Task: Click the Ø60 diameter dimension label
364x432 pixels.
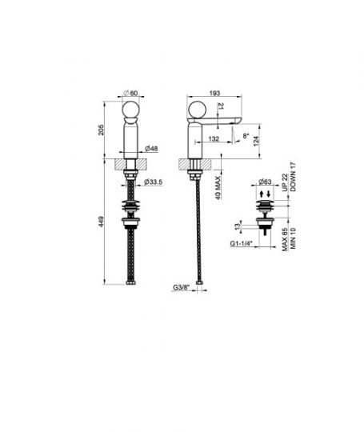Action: click(x=130, y=93)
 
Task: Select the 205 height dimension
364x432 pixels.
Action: click(x=101, y=130)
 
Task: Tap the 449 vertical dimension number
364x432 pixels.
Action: click(x=101, y=222)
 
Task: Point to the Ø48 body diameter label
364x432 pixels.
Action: click(x=151, y=149)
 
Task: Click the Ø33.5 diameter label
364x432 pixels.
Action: click(x=154, y=182)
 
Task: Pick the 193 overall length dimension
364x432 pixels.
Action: click(x=214, y=93)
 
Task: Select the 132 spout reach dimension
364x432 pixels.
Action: click(x=214, y=138)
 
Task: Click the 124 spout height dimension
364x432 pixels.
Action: click(x=256, y=141)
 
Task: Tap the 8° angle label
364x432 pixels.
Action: click(x=246, y=136)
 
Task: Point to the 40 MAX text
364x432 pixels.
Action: click(x=218, y=188)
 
